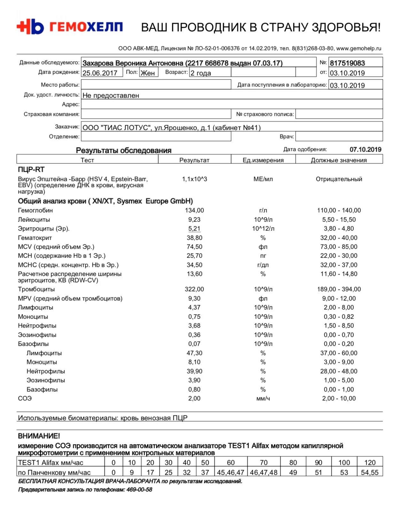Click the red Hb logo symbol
pos(30,27)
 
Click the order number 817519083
pos(347,63)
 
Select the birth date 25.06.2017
pos(100,73)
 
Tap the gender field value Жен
pos(148,73)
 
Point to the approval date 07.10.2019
pos(365,149)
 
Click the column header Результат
pos(194,160)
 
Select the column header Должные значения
pos(339,160)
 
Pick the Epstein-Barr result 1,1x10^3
pos(194,179)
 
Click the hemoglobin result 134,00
pos(194,210)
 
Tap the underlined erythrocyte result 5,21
pos(194,229)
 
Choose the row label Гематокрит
pos(35,238)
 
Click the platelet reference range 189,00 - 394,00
pos(339,289)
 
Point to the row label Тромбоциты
pos(36,289)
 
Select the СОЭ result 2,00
pos(194,398)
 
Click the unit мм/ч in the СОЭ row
pos(263,398)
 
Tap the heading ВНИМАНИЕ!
pos(39,436)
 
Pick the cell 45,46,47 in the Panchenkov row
pos(230,473)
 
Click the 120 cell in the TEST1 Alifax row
pos(370,463)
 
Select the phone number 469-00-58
pos(139,489)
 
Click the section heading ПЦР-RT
pos(31,170)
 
